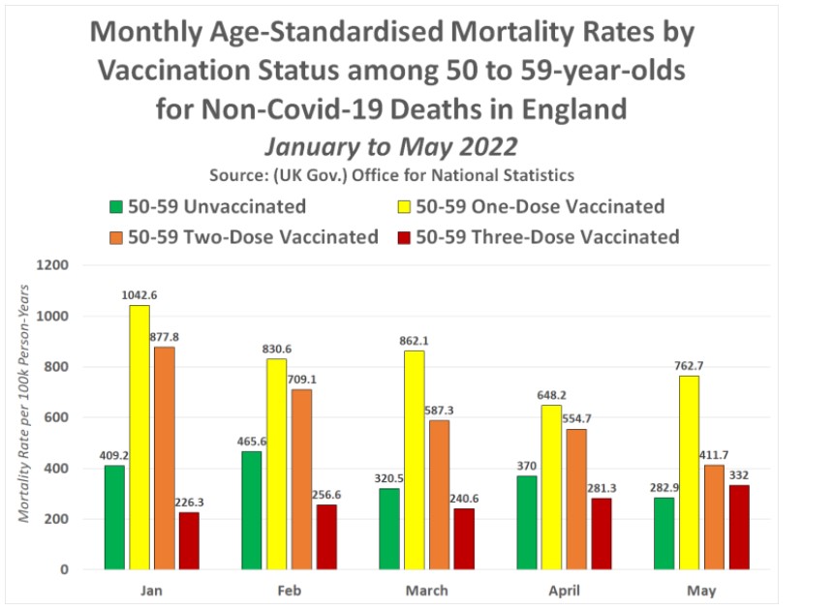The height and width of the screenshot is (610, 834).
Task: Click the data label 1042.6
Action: (139, 296)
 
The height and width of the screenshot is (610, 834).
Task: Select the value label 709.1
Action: (302, 380)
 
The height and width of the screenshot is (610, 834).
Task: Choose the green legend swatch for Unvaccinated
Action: (116, 207)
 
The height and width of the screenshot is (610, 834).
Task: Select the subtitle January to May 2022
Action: (391, 148)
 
